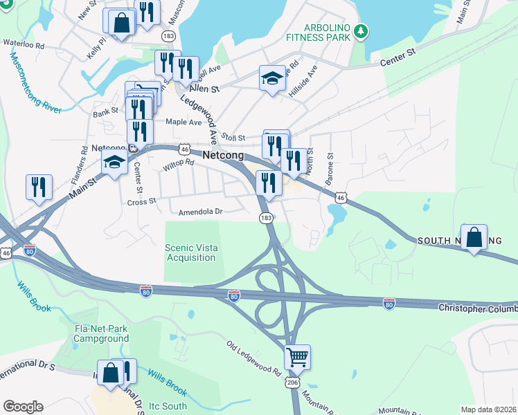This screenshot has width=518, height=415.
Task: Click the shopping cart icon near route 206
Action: click(x=297, y=357)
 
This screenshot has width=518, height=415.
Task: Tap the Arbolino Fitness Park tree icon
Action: click(x=360, y=30)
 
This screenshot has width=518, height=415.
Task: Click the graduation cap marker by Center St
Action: click(x=114, y=163)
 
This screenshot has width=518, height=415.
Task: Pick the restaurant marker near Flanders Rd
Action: click(x=39, y=186)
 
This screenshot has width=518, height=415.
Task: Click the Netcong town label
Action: click(x=223, y=156)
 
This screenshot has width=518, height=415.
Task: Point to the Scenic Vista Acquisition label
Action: click(x=190, y=252)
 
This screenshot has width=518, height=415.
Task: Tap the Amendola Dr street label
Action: click(x=199, y=212)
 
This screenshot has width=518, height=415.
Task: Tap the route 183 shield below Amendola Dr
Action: click(x=266, y=218)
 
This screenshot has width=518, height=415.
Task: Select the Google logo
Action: click(x=23, y=407)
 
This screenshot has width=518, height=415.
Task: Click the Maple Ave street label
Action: click(x=183, y=122)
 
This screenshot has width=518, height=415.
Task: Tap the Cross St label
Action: click(x=143, y=202)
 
